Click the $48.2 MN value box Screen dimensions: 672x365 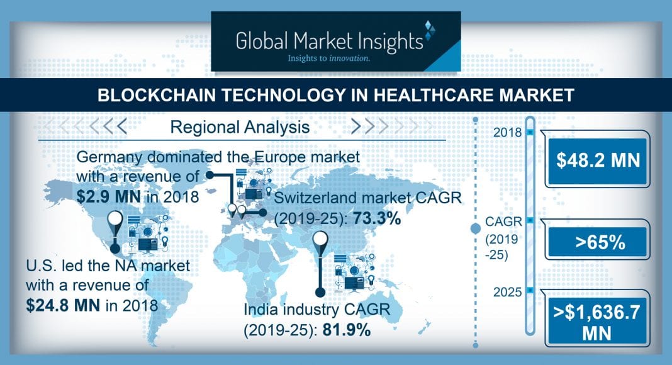(597, 160)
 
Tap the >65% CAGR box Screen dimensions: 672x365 (597, 242)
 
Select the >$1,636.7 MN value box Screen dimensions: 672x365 (597, 322)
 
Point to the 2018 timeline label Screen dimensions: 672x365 (507, 132)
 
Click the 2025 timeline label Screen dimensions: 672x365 (507, 292)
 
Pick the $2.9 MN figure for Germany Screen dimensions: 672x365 (108, 196)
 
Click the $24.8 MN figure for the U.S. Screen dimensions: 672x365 (63, 305)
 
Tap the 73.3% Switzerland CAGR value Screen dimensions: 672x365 (377, 218)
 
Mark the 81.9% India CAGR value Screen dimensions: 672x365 (346, 330)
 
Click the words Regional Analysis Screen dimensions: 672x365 (240, 127)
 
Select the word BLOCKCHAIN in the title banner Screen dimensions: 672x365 (157, 94)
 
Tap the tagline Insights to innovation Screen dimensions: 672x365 (328, 58)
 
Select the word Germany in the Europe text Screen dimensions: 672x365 (109, 158)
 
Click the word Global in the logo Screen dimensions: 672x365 (262, 41)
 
